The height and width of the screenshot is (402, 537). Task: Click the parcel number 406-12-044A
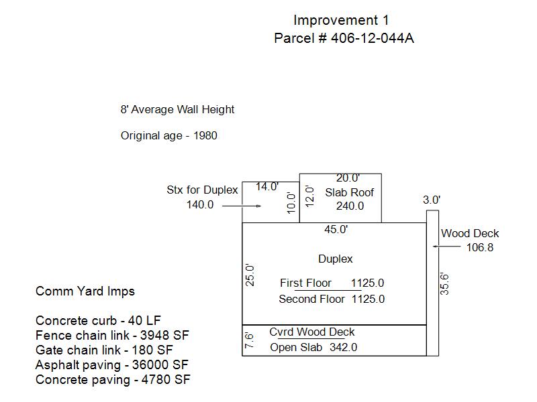tap(373, 38)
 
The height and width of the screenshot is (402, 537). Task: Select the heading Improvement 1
tap(341, 20)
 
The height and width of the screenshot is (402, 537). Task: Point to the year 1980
tap(205, 136)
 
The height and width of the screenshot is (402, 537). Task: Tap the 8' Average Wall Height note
tap(177, 109)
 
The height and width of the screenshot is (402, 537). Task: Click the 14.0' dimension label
tap(267, 187)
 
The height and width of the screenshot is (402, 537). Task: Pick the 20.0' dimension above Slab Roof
tap(348, 178)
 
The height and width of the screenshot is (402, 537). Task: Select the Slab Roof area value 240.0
tap(350, 206)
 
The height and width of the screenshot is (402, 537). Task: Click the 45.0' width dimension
tap(336, 229)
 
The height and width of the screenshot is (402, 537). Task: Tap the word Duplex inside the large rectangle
tap(335, 259)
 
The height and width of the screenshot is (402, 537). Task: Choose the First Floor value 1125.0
tap(367, 283)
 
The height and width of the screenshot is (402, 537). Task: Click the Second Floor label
tap(311, 299)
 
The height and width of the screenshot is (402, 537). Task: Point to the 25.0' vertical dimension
tap(250, 275)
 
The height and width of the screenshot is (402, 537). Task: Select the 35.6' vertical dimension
tap(444, 284)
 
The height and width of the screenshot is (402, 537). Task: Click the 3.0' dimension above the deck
tap(432, 200)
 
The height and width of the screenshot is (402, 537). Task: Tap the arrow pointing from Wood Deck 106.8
tap(446, 246)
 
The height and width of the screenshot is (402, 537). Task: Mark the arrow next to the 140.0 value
tap(242, 206)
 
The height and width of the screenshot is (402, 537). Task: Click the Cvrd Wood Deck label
tap(311, 332)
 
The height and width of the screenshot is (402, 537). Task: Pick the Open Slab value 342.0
tap(344, 347)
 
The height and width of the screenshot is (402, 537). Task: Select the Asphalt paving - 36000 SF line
tap(112, 365)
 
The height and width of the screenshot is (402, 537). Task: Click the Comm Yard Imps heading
tap(85, 291)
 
